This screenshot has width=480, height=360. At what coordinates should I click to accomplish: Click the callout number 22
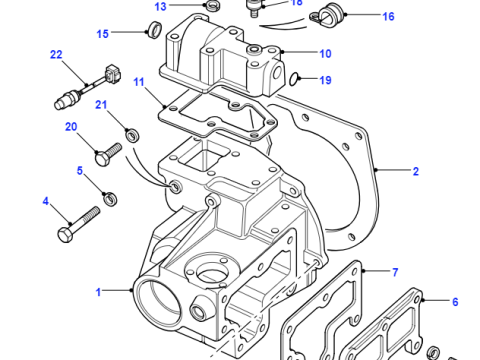(56, 54)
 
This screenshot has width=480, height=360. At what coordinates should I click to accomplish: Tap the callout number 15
(103, 34)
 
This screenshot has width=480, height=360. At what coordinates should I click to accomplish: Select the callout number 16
(388, 16)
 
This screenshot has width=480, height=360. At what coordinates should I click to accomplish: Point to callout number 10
(325, 54)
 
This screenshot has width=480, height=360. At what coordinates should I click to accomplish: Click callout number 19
(325, 80)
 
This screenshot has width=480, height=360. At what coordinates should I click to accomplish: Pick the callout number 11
(139, 82)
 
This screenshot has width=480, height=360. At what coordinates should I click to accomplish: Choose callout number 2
(416, 171)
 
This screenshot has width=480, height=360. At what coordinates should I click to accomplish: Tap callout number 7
(395, 273)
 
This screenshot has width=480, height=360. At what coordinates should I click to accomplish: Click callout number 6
(455, 302)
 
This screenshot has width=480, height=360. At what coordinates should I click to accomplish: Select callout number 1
(98, 292)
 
